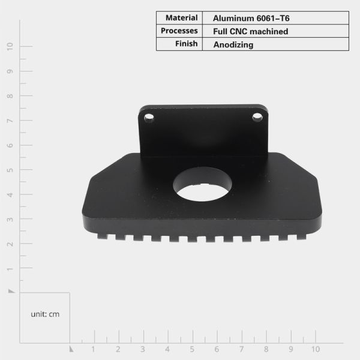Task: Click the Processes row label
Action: click(179, 31)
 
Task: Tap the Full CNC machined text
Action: click(250, 31)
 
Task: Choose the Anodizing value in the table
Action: click(233, 44)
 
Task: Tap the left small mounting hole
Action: click(149, 118)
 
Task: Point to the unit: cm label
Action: click(45, 314)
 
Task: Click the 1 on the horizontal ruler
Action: click(93, 349)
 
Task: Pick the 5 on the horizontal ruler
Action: click(192, 349)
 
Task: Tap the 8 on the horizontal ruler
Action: click(266, 349)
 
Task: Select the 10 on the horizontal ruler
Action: click(316, 349)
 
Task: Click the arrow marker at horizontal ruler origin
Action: click(70, 348)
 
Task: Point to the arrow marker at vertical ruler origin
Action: click(11, 290)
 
